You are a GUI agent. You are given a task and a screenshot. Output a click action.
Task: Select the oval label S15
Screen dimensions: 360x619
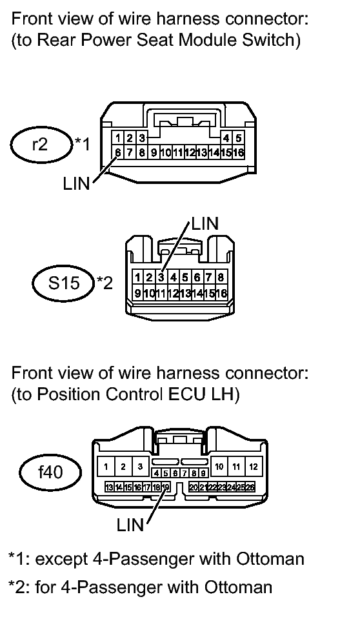(64, 283)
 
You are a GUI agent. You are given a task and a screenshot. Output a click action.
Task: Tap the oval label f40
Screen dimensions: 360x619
(51, 472)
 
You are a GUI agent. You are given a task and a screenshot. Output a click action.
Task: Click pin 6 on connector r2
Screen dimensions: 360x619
(117, 152)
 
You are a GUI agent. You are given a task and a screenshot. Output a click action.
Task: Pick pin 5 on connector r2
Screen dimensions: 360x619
(238, 138)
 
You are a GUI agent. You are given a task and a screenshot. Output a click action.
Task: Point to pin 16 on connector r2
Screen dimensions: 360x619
(238, 152)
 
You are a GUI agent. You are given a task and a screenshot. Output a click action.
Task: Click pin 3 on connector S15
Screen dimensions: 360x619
(161, 278)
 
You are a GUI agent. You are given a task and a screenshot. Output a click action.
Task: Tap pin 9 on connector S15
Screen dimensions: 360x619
(137, 292)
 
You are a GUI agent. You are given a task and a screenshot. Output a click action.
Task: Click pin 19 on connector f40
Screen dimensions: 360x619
(165, 487)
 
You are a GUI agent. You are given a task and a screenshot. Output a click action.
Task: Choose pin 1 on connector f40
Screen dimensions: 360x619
(106, 467)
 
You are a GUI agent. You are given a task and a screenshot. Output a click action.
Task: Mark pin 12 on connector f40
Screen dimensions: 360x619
(254, 467)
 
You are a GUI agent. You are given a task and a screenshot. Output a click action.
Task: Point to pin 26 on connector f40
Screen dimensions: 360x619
(250, 487)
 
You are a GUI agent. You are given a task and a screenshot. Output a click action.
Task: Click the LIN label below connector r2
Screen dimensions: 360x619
(77, 183)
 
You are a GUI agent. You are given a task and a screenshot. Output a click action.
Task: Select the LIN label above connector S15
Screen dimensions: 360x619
(205, 223)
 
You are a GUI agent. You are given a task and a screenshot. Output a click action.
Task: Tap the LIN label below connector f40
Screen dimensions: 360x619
(130, 525)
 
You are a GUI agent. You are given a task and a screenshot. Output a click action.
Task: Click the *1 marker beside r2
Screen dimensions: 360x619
(82, 144)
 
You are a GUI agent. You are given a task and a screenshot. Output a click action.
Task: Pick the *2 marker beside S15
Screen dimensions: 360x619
(105, 282)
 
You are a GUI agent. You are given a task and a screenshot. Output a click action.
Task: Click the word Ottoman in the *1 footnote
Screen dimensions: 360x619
(270, 559)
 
